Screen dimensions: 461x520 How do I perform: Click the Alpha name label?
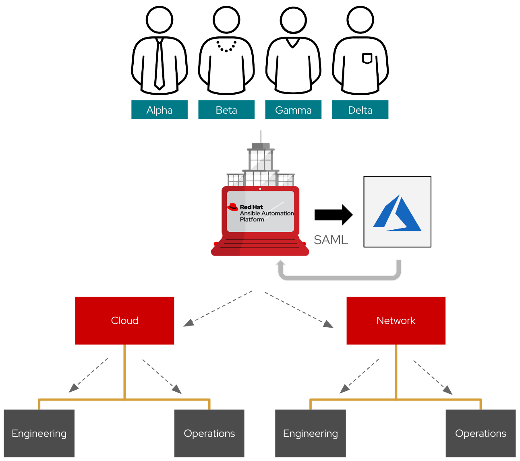[x=160, y=110]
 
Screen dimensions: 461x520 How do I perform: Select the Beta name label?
[x=226, y=110]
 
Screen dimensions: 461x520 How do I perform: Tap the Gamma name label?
[x=293, y=110]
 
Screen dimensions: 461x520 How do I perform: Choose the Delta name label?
[x=360, y=110]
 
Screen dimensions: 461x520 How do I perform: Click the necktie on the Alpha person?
[x=160, y=64]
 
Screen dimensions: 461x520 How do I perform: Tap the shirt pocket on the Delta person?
[x=367, y=59]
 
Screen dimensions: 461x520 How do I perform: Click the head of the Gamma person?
[x=293, y=20]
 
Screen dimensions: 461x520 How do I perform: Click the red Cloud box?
[x=124, y=321]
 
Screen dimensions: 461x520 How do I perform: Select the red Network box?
[x=396, y=321]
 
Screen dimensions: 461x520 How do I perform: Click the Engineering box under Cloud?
[x=39, y=433]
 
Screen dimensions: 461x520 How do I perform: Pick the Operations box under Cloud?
[x=209, y=433]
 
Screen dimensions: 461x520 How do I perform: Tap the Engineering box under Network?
[x=311, y=433]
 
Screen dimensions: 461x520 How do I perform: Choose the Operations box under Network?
[x=481, y=433]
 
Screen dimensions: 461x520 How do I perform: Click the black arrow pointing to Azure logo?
[x=334, y=215]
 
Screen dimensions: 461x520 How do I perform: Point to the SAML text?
[x=331, y=240]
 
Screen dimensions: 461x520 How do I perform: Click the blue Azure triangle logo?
[x=397, y=214]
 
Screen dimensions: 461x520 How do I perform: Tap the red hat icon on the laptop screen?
[x=233, y=207]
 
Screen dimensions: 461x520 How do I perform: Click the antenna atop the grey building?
[x=261, y=136]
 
